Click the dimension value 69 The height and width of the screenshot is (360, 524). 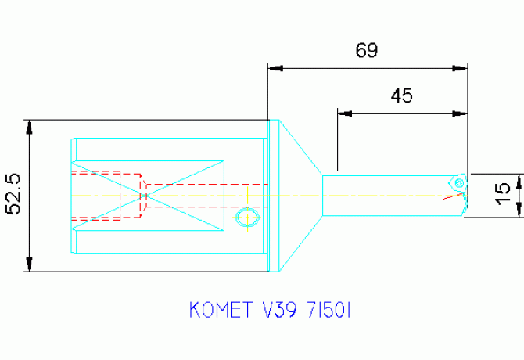click(367, 51)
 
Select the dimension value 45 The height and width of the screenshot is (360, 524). click(401, 95)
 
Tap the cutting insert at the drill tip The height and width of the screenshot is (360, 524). click(458, 182)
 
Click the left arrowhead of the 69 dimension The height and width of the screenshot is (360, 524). click(274, 68)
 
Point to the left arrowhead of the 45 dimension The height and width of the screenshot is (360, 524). click(343, 113)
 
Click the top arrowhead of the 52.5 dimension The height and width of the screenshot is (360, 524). click(29, 125)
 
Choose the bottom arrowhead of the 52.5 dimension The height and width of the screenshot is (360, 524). click(29, 266)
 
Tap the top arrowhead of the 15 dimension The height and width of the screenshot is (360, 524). click(519, 178)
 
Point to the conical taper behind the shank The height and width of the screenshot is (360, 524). click(297, 196)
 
